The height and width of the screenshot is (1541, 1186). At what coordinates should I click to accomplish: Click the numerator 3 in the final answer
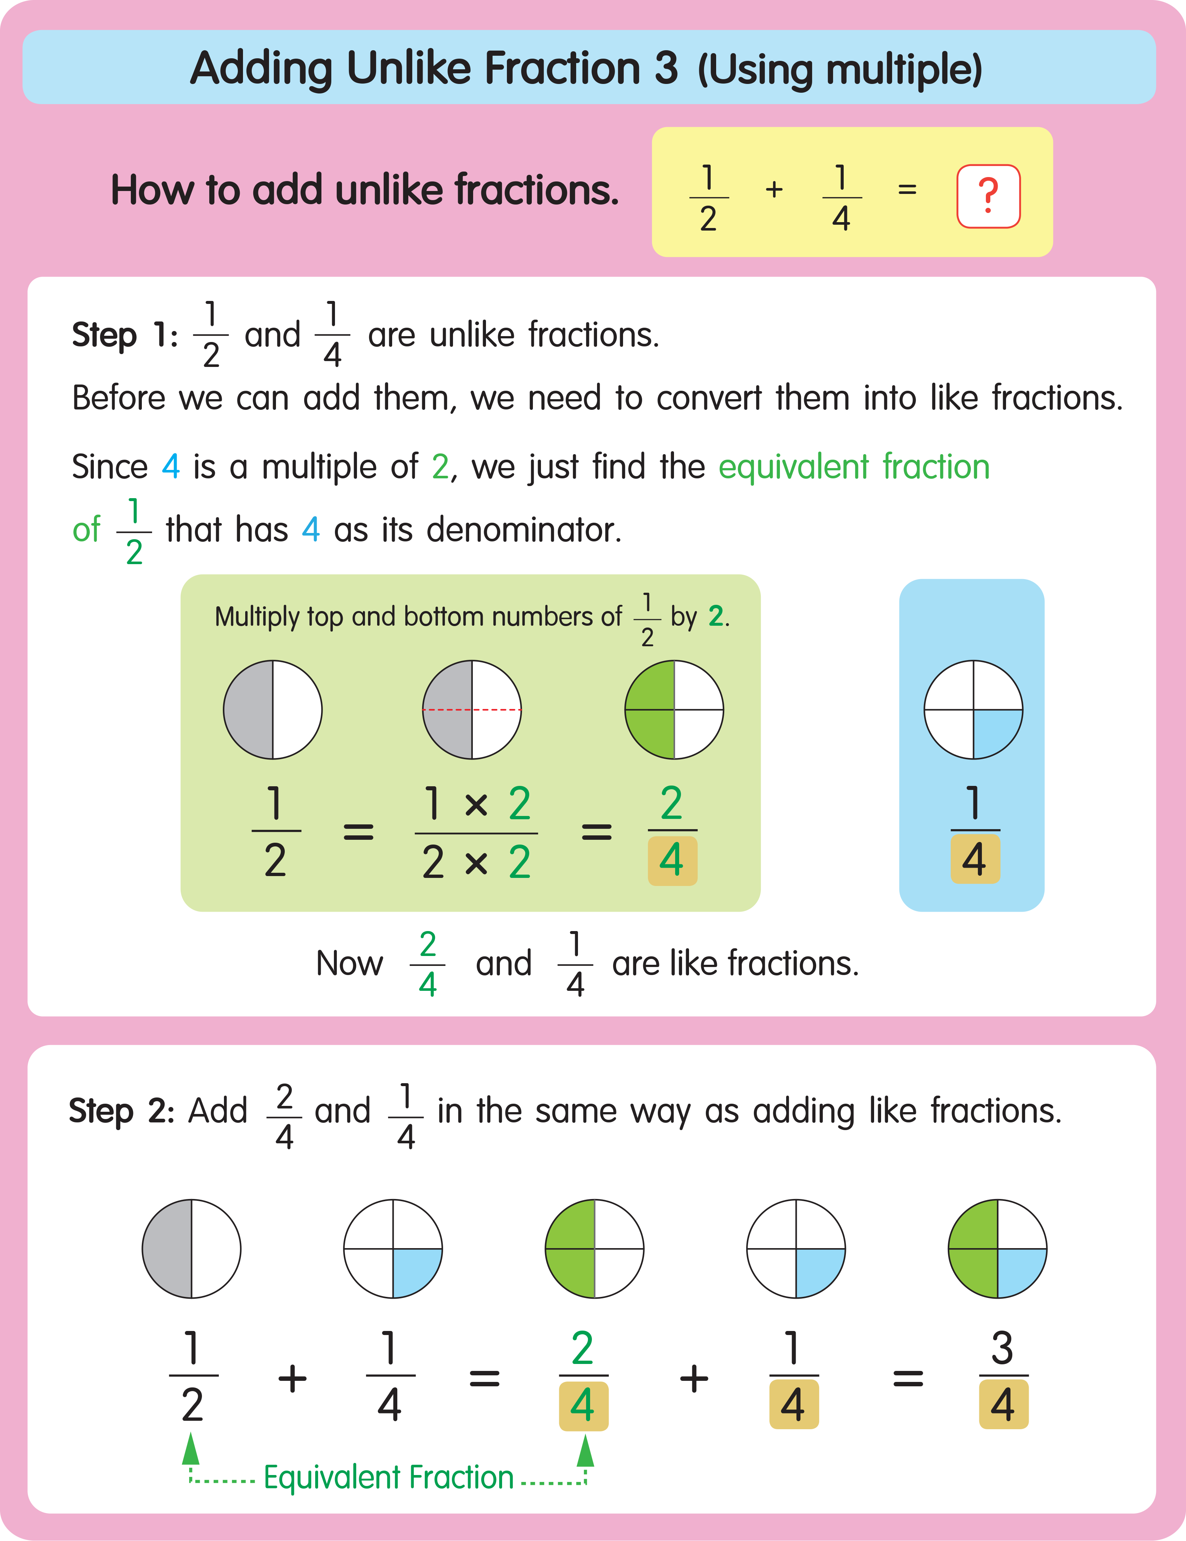click(1002, 1348)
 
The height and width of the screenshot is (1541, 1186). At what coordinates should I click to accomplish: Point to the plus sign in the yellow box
click(774, 189)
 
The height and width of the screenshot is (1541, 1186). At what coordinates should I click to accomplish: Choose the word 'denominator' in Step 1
click(523, 529)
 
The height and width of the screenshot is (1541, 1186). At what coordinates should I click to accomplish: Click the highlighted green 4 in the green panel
click(672, 860)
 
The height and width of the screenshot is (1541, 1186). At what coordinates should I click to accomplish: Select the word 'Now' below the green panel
click(349, 963)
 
